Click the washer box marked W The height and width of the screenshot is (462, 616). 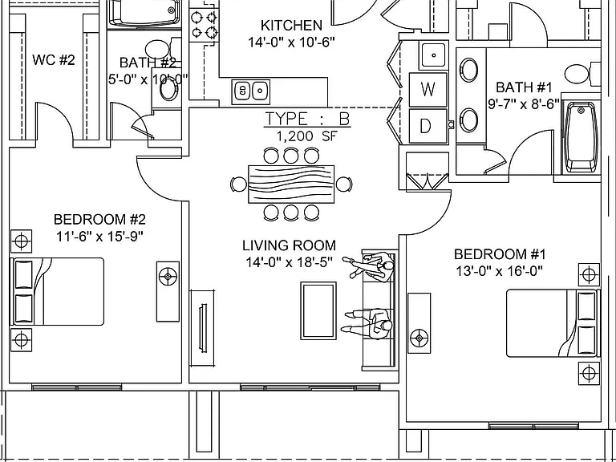(x=428, y=90)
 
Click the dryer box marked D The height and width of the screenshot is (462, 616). (x=428, y=126)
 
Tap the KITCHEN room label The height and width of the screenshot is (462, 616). (x=291, y=26)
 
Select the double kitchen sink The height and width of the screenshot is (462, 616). (x=250, y=92)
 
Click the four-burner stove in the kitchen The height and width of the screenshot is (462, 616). (x=204, y=24)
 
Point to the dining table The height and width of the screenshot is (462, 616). (x=291, y=184)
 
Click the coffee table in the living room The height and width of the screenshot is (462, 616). (x=318, y=310)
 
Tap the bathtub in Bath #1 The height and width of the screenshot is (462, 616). (x=580, y=137)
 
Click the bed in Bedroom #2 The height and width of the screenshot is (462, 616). (x=58, y=291)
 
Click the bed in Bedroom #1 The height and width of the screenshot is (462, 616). (x=552, y=323)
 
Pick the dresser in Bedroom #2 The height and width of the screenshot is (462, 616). (x=168, y=291)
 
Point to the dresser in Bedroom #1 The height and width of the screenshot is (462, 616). (x=419, y=323)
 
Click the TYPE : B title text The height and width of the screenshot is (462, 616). (x=307, y=119)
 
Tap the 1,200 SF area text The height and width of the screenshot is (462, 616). (x=307, y=136)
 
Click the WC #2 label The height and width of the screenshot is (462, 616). (x=54, y=60)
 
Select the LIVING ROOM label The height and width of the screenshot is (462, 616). (x=289, y=245)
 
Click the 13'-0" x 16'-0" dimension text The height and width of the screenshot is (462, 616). (x=500, y=271)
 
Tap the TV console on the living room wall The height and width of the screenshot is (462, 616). (x=202, y=328)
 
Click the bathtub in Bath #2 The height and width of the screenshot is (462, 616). (x=144, y=14)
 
